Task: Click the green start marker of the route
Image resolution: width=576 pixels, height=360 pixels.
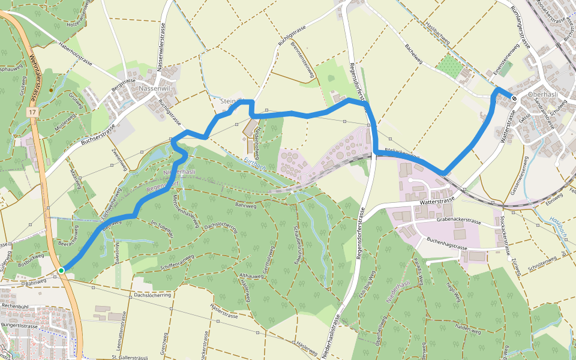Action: [x=61, y=271]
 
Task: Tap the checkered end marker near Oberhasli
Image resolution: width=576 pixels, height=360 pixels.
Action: [x=514, y=98]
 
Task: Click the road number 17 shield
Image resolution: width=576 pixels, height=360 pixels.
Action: [x=32, y=112]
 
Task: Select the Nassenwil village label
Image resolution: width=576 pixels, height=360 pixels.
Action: [x=155, y=88]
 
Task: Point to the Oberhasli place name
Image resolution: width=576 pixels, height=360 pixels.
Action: [x=543, y=95]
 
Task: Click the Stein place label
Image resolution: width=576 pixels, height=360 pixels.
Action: [x=228, y=100]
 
